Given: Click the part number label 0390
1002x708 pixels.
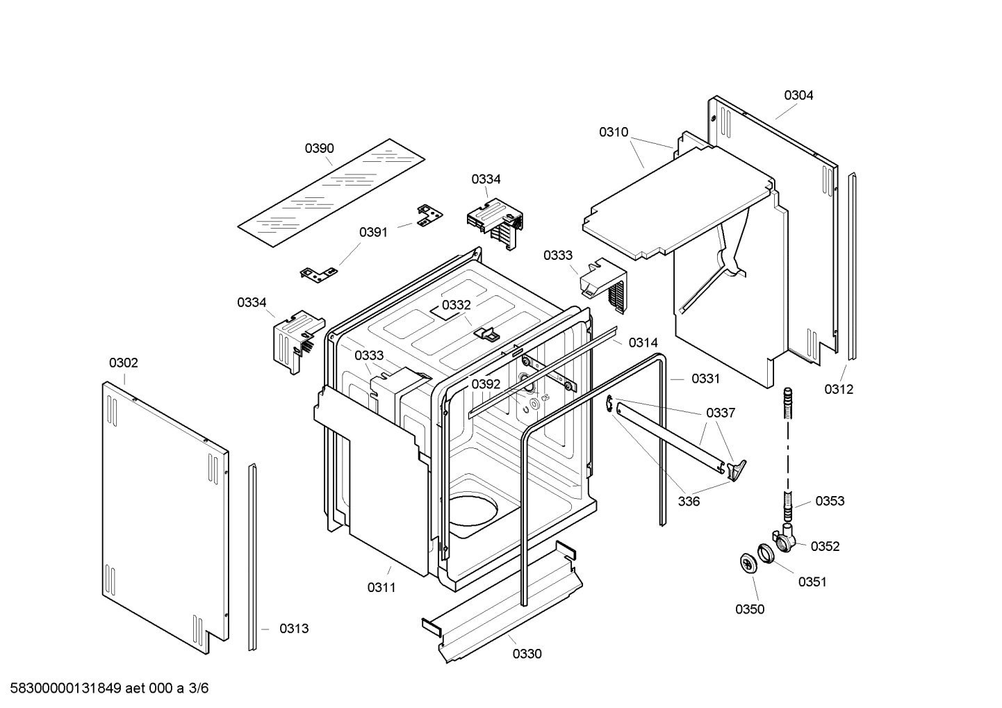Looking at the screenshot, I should [319, 148].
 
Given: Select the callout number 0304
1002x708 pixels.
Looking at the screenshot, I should [798, 95].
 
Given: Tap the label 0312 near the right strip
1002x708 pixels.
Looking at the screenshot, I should [839, 389].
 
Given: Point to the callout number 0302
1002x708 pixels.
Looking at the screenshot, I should [123, 363].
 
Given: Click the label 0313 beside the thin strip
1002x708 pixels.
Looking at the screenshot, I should [294, 628].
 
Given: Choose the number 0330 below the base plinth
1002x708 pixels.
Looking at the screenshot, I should [527, 653].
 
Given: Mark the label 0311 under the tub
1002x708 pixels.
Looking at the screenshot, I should [381, 587].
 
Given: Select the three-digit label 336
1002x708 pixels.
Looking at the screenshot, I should [689, 502].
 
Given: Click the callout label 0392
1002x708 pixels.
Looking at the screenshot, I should [486, 384].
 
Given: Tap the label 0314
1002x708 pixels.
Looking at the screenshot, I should [643, 343].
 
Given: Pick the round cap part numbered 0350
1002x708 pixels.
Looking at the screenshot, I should [747, 564].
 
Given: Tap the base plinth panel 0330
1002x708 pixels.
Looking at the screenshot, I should [500, 601].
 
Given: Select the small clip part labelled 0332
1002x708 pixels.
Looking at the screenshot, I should [486, 334].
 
